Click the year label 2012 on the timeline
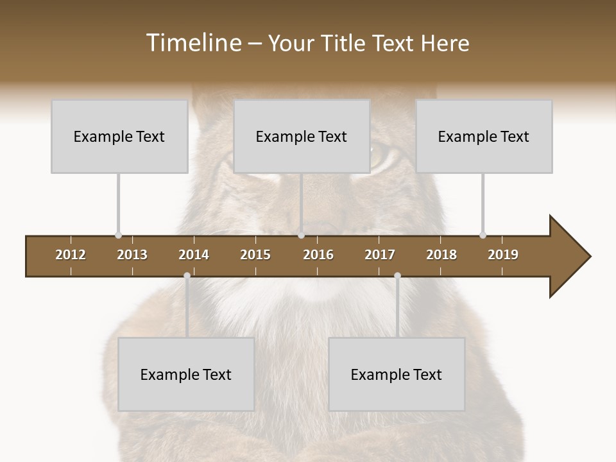(71, 255)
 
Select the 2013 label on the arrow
(132, 255)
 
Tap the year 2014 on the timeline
(194, 255)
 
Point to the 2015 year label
(255, 255)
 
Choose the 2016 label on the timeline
(318, 255)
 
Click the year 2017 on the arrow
(380, 255)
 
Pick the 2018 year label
(441, 255)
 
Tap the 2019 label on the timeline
(503, 255)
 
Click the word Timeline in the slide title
(193, 43)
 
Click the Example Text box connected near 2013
(119, 136)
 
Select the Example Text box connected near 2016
(302, 136)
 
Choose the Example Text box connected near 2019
(484, 136)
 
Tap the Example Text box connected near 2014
(186, 374)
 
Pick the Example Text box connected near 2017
(397, 374)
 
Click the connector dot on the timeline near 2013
(119, 235)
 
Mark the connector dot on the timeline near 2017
(397, 276)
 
